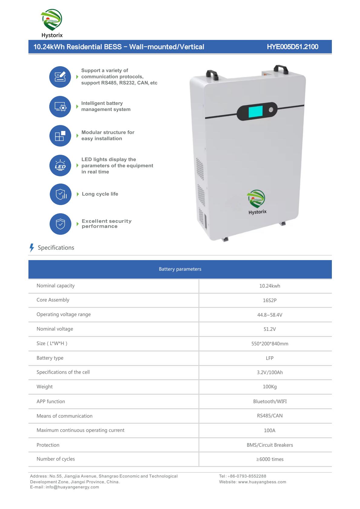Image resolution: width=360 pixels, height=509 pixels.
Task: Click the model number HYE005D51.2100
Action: [x=292, y=47]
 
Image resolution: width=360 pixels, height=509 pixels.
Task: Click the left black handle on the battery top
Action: [x=212, y=74]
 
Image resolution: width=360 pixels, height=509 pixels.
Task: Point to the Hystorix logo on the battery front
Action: [x=257, y=202]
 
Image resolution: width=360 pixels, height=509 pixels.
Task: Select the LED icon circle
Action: [x=60, y=166]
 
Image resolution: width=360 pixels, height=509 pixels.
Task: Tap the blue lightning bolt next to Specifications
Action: [x=32, y=248]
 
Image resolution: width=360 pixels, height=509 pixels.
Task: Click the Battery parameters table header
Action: [x=180, y=269]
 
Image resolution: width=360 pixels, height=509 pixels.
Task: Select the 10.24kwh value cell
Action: [x=270, y=286]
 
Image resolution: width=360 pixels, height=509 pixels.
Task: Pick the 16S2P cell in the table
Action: [x=270, y=300]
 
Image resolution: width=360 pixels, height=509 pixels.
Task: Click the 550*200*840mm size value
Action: [x=270, y=344]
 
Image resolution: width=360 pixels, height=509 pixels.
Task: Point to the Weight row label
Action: [x=44, y=387]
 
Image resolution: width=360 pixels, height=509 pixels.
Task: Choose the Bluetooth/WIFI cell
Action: [x=270, y=401]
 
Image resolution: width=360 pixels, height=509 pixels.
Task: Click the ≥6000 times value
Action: [x=270, y=459]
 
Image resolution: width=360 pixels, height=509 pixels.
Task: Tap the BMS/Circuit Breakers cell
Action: [x=270, y=445]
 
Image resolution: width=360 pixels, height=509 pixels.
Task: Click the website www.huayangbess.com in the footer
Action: [x=262, y=482]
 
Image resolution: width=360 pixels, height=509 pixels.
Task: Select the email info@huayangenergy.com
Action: [x=72, y=487]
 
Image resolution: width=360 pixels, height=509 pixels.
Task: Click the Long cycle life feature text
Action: [x=100, y=194]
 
